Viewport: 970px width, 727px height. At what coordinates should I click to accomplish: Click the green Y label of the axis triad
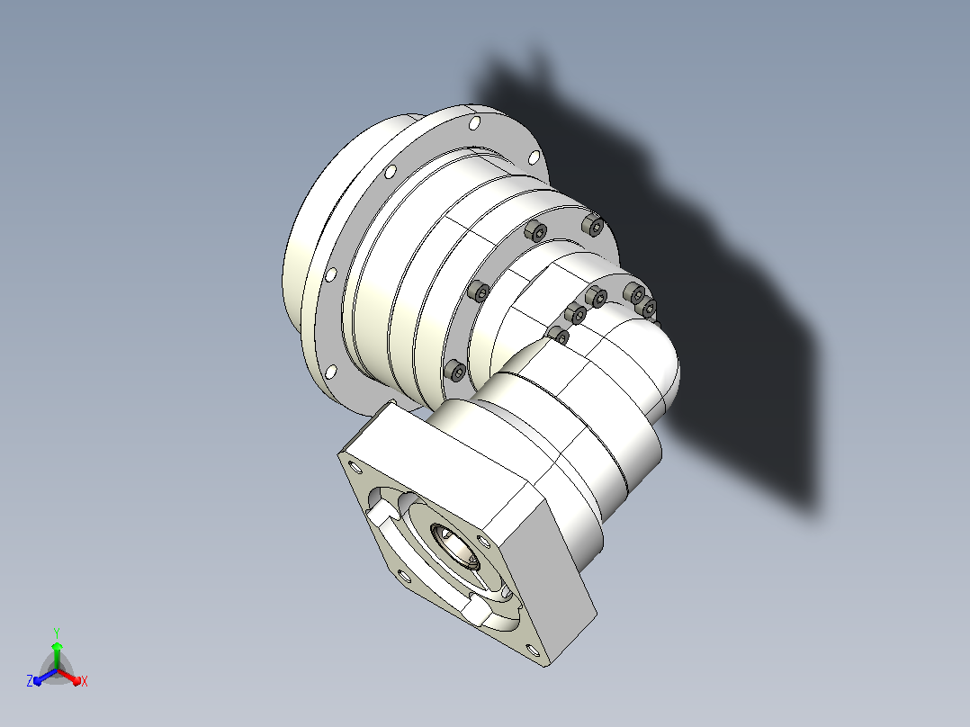(x=57, y=633)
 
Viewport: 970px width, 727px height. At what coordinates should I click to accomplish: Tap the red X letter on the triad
(x=85, y=681)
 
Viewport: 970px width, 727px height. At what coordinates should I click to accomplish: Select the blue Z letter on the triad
(x=29, y=680)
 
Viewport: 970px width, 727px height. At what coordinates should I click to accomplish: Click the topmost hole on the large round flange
(x=474, y=123)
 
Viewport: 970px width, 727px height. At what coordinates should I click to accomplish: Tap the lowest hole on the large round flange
(x=331, y=372)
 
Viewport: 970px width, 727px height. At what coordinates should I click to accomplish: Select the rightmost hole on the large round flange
(x=534, y=157)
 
